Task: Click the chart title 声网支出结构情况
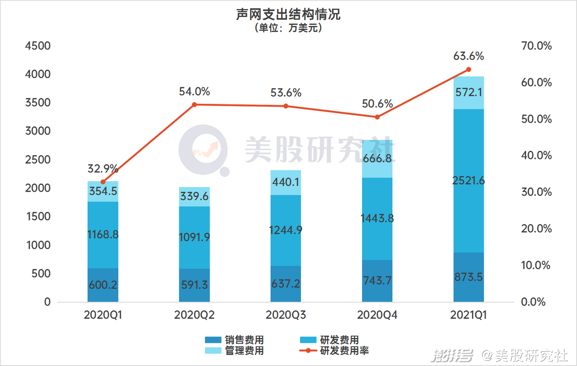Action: [288, 14]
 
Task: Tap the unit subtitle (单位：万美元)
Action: [288, 28]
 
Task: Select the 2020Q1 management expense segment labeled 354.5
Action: [103, 192]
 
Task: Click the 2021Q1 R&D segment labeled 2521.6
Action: [469, 181]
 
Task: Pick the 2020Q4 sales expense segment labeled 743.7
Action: [377, 281]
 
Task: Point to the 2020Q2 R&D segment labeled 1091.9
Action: [194, 237]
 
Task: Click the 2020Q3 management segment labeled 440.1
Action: [286, 183]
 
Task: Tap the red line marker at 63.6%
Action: [469, 70]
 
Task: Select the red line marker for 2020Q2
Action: [194, 105]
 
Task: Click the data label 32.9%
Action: [103, 169]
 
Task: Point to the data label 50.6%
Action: [377, 104]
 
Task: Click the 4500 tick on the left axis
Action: [38, 46]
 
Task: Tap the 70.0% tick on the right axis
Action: [536, 46]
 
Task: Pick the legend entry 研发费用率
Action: [344, 351]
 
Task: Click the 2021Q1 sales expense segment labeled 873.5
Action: [469, 277]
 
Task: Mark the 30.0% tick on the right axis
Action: [536, 192]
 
